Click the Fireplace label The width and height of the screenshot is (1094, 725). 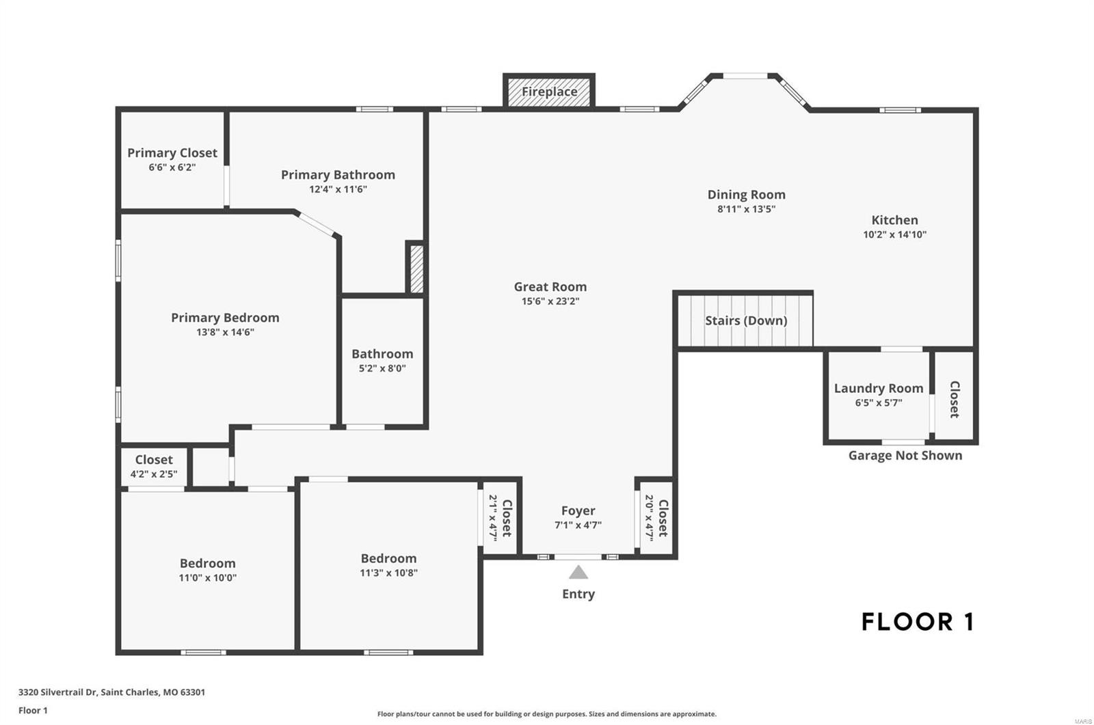[x=549, y=92]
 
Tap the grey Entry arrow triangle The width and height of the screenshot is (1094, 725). [x=578, y=572]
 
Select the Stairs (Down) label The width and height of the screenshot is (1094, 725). [x=746, y=320]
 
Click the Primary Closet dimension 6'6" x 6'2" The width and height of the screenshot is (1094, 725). [x=172, y=167]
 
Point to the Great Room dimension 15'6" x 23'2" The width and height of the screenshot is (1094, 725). [x=550, y=301]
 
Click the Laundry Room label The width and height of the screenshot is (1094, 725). [x=879, y=388]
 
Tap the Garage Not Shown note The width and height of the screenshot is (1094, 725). [x=905, y=456]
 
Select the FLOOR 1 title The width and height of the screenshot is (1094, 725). [x=917, y=622]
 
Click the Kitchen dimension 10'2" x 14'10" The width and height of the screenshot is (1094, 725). [x=894, y=234]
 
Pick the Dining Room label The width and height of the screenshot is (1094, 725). [x=746, y=195]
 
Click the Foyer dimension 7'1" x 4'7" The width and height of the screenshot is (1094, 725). [x=578, y=525]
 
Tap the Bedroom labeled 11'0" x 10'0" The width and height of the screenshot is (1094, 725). [x=207, y=563]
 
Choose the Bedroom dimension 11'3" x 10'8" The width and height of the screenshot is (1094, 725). [x=388, y=573]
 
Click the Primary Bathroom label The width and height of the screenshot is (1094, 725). [x=338, y=175]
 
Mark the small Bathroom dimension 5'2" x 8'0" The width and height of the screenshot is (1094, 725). [x=382, y=368]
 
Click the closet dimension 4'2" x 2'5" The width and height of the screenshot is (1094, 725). [x=154, y=474]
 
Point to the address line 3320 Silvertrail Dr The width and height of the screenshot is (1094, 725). [x=111, y=692]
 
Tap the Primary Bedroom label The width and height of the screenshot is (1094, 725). [x=225, y=318]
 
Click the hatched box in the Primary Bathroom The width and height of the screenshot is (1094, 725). [x=416, y=268]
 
